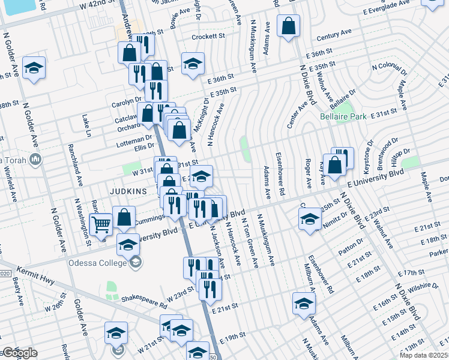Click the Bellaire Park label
click(343, 116)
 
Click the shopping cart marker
click(102, 224)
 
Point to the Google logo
click(19, 352)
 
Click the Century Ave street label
click(334, 37)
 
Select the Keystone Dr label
click(370, 151)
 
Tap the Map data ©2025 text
click(423, 355)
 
